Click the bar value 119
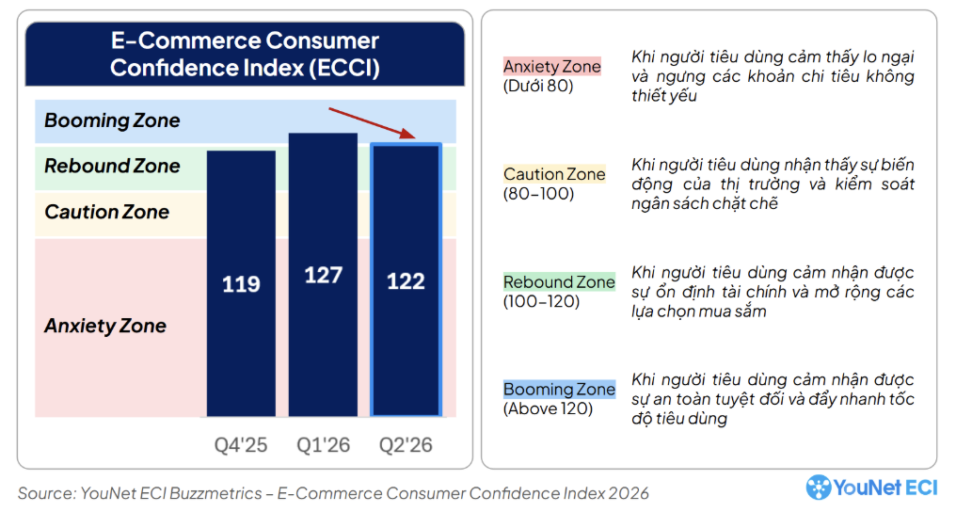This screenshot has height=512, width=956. click(x=241, y=284)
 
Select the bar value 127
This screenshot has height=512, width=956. click(x=323, y=275)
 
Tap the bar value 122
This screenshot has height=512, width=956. click(x=406, y=281)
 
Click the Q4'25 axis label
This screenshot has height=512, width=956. click(x=241, y=445)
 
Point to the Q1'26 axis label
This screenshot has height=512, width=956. click(x=323, y=445)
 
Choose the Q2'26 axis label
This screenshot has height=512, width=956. click(x=406, y=445)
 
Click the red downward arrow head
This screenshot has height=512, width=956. click(x=407, y=134)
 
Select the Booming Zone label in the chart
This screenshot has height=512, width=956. click(x=112, y=120)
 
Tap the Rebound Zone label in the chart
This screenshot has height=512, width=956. click(x=112, y=166)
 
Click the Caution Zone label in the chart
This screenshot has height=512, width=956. click(x=106, y=212)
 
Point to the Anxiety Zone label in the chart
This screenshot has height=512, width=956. click(x=104, y=326)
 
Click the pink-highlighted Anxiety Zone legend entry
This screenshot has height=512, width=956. click(x=552, y=66)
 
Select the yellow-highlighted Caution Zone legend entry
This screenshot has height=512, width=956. click(x=554, y=174)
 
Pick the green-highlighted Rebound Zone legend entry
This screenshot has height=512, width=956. click(x=559, y=281)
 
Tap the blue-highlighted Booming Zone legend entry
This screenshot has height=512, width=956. click(x=559, y=389)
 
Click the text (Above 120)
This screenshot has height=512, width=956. click(x=549, y=408)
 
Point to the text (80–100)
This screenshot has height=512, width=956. click(x=538, y=194)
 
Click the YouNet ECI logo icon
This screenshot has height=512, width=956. click(x=819, y=488)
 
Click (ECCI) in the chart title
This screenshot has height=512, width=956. click(x=344, y=68)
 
